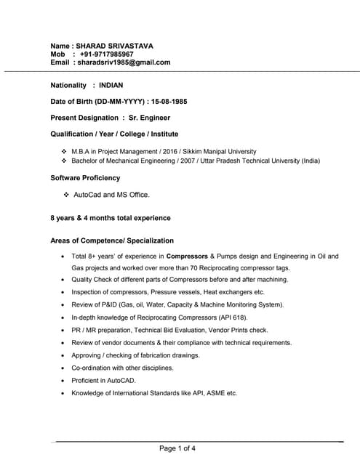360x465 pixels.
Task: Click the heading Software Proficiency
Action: (x=85, y=177)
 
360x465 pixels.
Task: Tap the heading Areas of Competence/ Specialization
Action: (x=112, y=240)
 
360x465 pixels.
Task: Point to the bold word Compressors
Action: (x=187, y=256)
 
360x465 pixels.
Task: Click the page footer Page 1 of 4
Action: (x=177, y=448)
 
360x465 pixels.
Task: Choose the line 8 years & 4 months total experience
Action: (x=111, y=217)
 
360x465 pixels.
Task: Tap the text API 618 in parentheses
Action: (x=232, y=318)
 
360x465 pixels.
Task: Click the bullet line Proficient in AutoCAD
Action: (x=103, y=380)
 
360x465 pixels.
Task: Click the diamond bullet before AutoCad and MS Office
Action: (x=66, y=195)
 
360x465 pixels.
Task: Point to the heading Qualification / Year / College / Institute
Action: (x=114, y=134)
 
